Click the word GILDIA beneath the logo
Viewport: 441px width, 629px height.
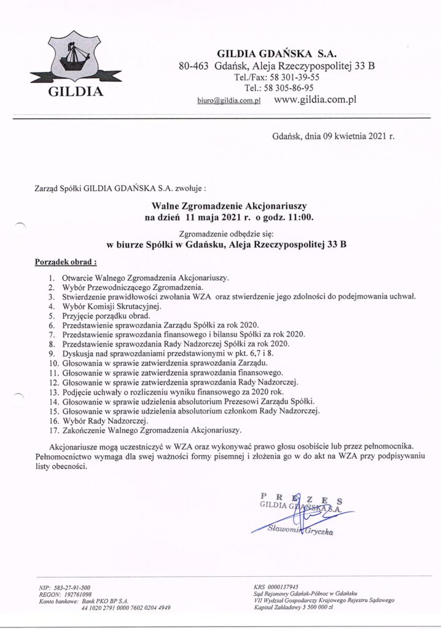76,93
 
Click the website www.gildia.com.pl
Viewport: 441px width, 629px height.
315,99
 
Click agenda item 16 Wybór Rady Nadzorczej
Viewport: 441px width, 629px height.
106,420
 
